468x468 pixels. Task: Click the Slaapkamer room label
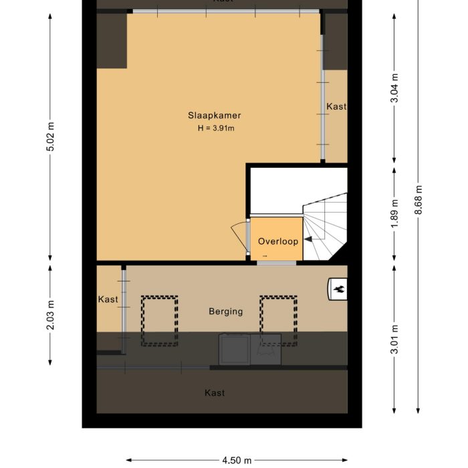click(x=215, y=116)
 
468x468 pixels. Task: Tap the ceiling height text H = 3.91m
click(x=216, y=128)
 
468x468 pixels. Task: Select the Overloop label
click(x=277, y=241)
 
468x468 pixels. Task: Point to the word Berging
click(x=226, y=312)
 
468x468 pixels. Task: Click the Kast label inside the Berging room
click(x=108, y=300)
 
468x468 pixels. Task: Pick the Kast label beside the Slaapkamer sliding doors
click(x=336, y=106)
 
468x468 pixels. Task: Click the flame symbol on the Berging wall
click(x=338, y=289)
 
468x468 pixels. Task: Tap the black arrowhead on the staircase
click(x=310, y=239)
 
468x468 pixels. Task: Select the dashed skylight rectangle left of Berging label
click(x=160, y=321)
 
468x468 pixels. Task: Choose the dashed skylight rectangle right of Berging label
click(x=278, y=321)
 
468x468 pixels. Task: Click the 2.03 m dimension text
click(x=51, y=315)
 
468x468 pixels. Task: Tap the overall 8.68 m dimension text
click(x=419, y=199)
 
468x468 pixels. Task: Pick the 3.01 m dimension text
click(x=395, y=339)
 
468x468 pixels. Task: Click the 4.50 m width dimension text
click(x=237, y=460)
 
